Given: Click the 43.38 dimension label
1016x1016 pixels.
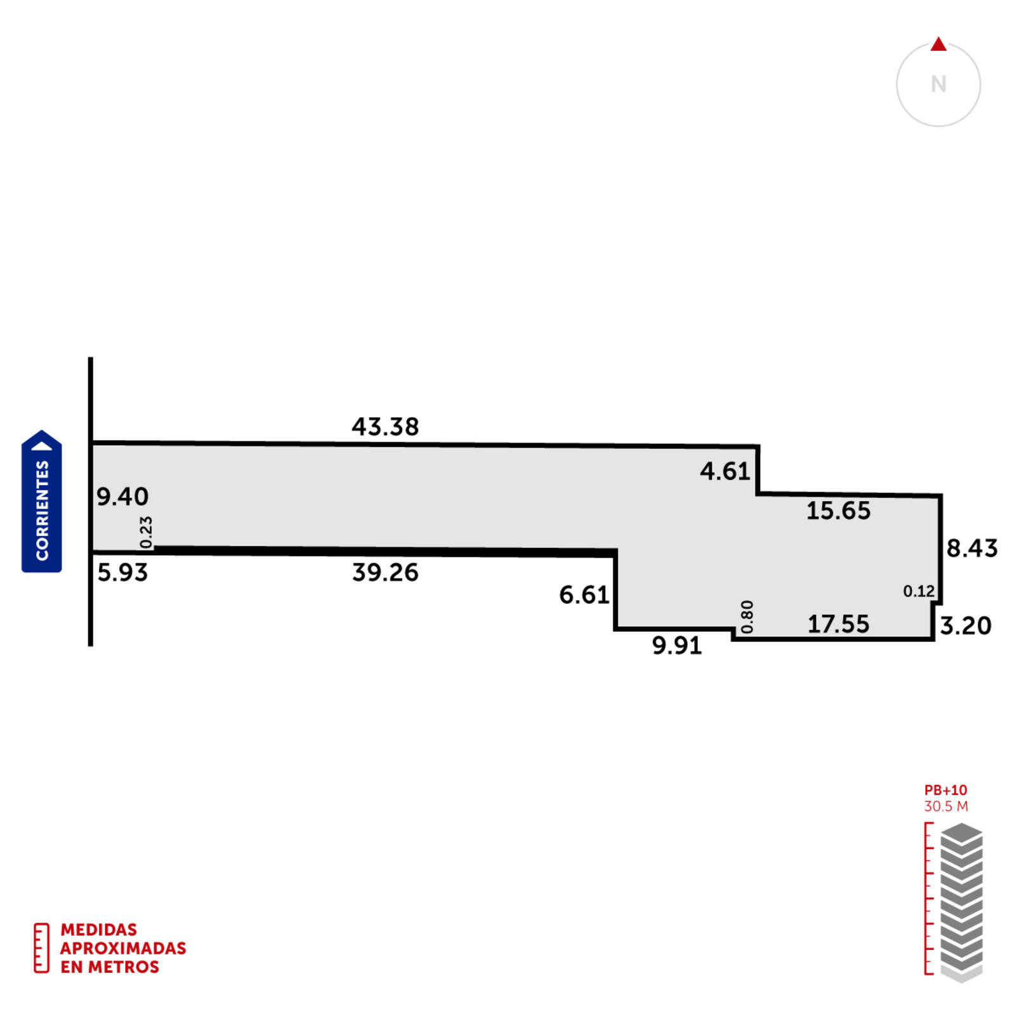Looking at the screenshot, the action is pyautogui.click(x=385, y=427).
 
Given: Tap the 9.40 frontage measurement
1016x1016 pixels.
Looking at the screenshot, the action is pyautogui.click(x=123, y=497).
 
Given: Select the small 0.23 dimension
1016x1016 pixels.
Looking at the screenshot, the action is pyautogui.click(x=146, y=532).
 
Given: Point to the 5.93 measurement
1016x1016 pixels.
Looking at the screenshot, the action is pyautogui.click(x=123, y=573).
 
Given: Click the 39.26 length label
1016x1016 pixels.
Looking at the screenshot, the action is pyautogui.click(x=385, y=573).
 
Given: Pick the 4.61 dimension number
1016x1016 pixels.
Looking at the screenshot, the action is pyautogui.click(x=725, y=471).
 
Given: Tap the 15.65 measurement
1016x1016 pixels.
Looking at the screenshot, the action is pyautogui.click(x=838, y=511).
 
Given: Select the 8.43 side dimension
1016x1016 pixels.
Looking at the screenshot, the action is pyautogui.click(x=972, y=548).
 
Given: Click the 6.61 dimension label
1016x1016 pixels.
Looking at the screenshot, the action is pyautogui.click(x=584, y=595).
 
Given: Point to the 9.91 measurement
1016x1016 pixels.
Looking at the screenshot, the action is pyautogui.click(x=677, y=646).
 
